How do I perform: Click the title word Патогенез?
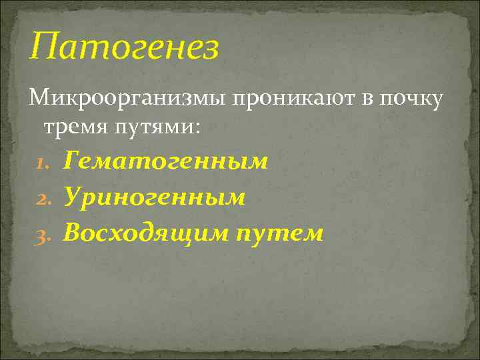124,47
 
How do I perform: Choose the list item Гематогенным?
166,161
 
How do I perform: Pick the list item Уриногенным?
155,197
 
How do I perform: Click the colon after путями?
196,127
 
